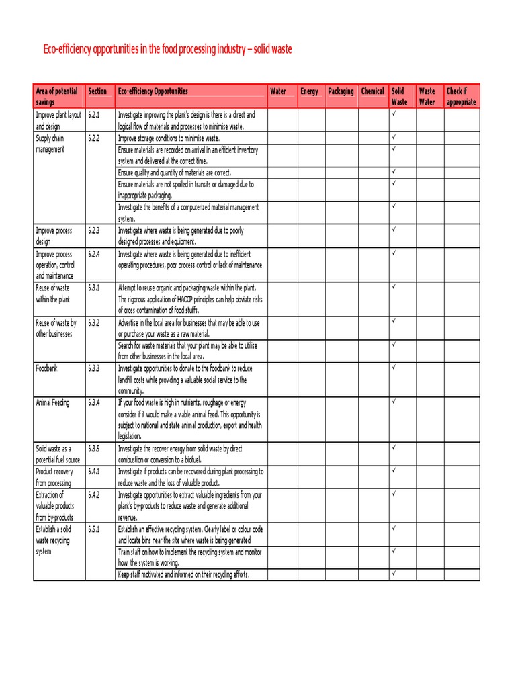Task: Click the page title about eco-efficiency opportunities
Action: point(167,50)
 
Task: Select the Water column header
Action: point(277,91)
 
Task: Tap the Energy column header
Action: point(309,91)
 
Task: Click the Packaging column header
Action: point(341,91)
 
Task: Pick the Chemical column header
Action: point(372,91)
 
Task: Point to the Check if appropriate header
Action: point(461,97)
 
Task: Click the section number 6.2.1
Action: point(93,115)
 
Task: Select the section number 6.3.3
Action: point(93,368)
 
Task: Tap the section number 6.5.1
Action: point(93,529)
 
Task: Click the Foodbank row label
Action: point(47,368)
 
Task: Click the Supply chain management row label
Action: point(50,144)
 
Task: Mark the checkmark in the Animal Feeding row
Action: point(394,401)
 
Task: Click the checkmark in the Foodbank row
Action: point(394,367)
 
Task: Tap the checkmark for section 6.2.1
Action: point(394,114)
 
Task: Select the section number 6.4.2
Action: point(93,494)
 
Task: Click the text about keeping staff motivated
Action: point(183,575)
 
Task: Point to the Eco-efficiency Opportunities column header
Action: point(153,91)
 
